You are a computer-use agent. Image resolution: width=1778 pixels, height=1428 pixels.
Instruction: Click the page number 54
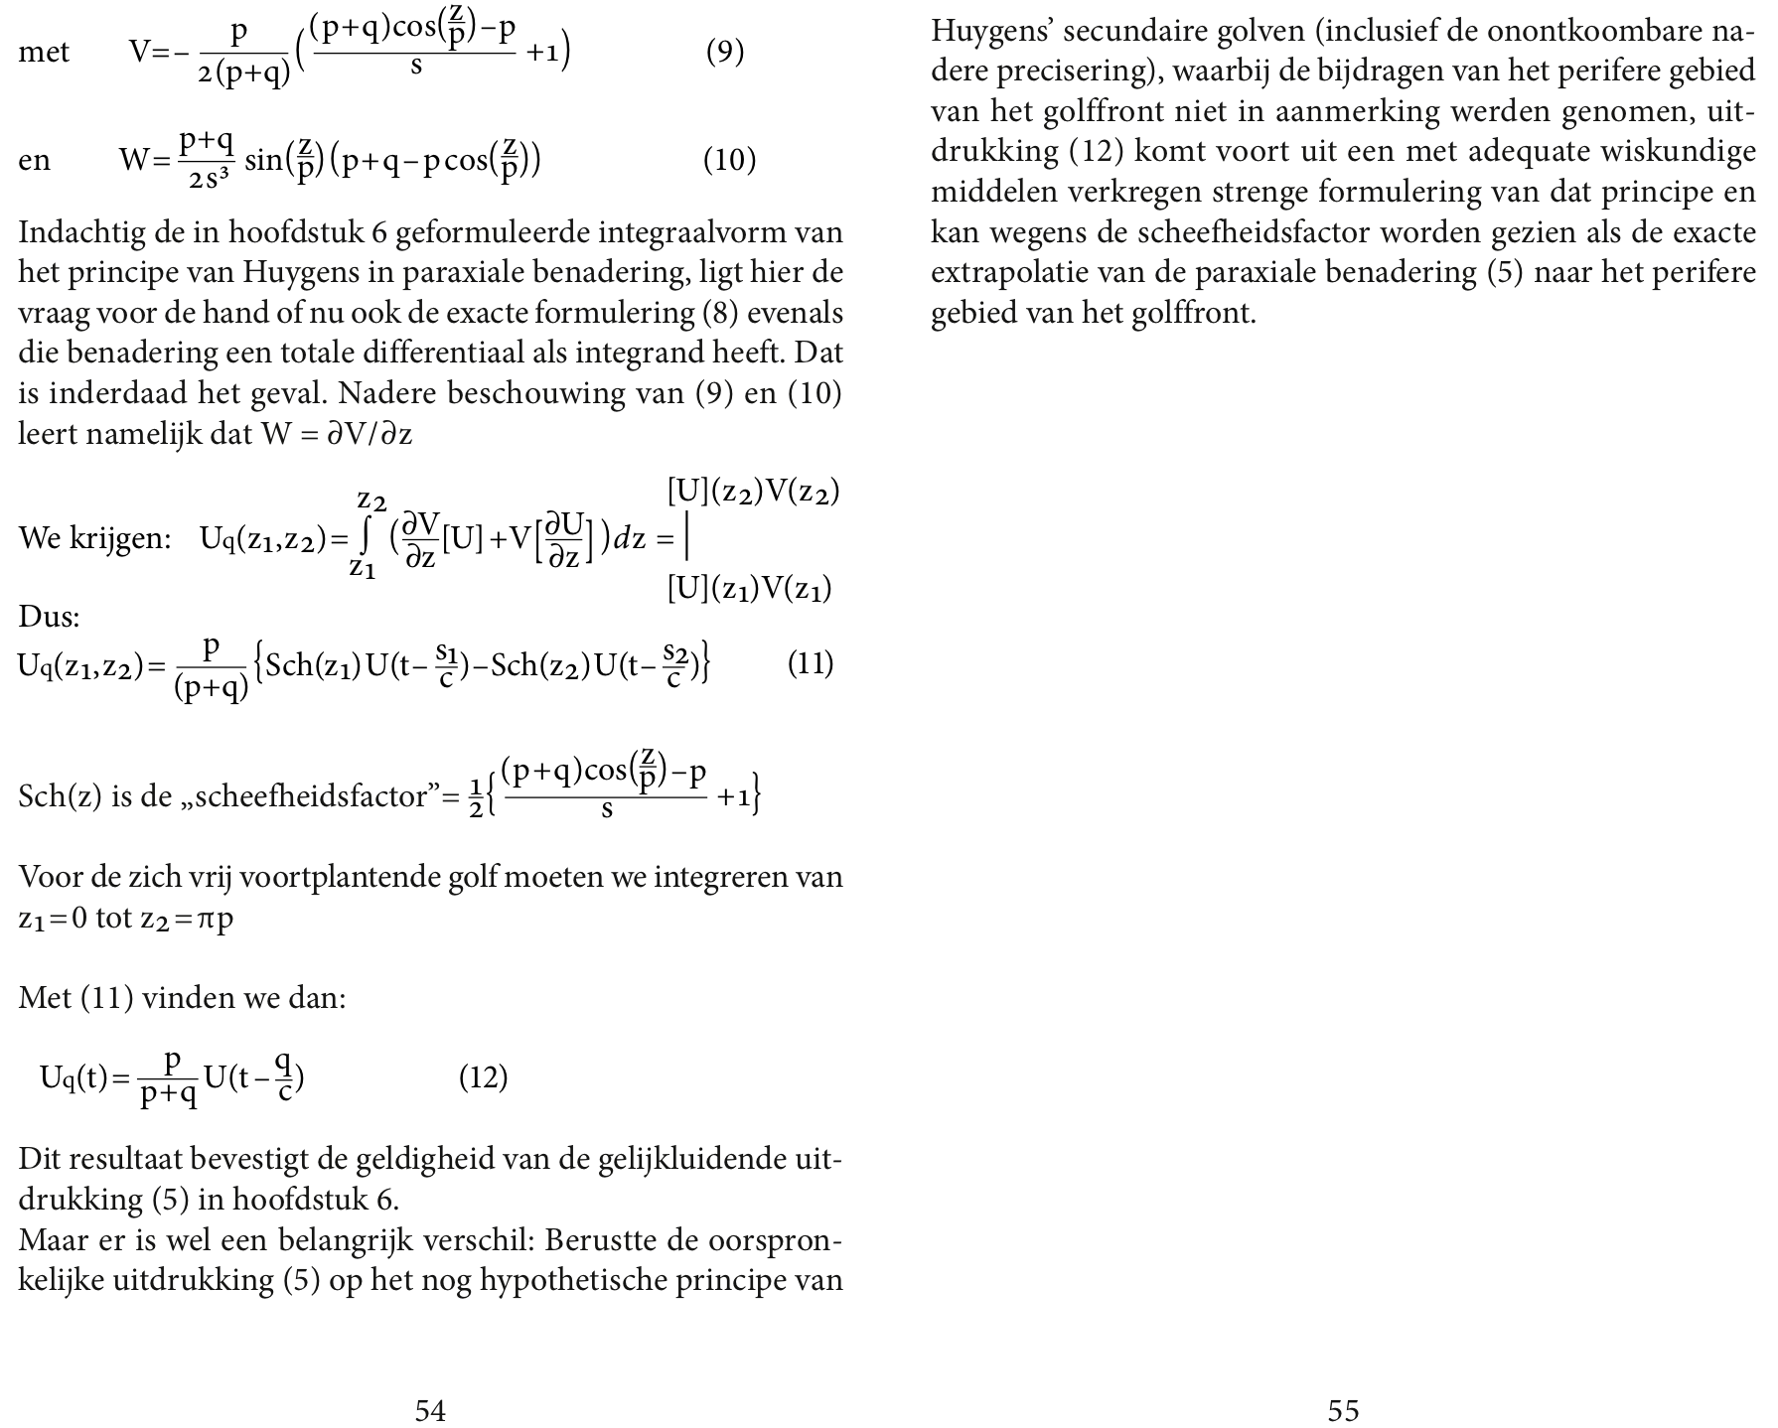[x=430, y=1410]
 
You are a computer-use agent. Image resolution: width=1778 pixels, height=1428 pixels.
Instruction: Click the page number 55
[x=1343, y=1410]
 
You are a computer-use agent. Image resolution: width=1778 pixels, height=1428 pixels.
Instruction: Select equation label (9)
[x=725, y=52]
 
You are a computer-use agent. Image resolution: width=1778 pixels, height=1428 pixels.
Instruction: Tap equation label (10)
[x=729, y=159]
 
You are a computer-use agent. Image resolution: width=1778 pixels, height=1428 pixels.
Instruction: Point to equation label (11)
[x=810, y=662]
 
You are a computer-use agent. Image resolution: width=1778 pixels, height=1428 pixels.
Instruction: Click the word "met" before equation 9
[x=44, y=52]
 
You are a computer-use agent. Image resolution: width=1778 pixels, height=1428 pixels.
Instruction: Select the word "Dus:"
[x=49, y=617]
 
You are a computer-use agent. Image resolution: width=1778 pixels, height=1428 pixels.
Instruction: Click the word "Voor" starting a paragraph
[x=48, y=878]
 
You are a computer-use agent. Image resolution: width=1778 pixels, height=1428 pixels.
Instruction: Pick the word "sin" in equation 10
[x=263, y=159]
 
